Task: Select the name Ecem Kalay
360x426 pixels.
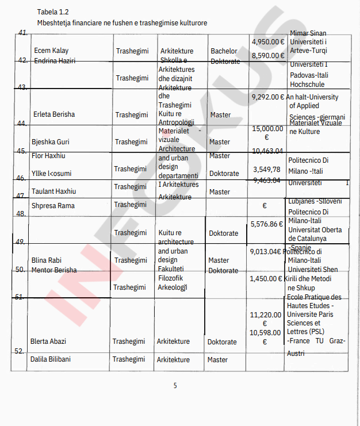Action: (x=51, y=51)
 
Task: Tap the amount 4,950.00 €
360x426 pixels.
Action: (x=268, y=42)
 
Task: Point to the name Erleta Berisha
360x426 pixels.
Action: (x=54, y=114)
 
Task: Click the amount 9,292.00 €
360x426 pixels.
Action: (x=267, y=97)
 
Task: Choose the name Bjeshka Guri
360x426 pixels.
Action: (x=51, y=142)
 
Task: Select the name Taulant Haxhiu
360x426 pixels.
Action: (x=53, y=191)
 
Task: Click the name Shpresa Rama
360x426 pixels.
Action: (x=53, y=206)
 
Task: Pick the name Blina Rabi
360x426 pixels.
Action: (x=47, y=260)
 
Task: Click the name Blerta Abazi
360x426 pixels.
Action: (x=48, y=341)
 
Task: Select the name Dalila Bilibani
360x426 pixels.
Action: (x=52, y=360)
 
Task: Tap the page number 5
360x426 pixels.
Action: (x=175, y=386)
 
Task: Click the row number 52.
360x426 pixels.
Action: (x=19, y=351)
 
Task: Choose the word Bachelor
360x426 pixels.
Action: (x=224, y=51)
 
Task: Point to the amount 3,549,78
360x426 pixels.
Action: (x=267, y=170)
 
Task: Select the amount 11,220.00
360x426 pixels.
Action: (x=265, y=315)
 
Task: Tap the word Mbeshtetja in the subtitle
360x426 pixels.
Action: (x=54, y=22)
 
